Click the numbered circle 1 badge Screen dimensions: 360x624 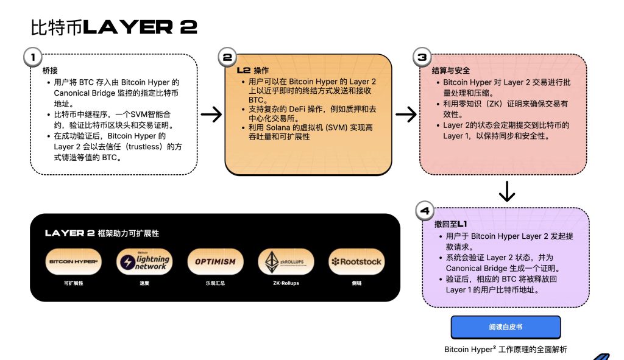tap(32, 57)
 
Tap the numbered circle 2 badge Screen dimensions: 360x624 tap(227, 57)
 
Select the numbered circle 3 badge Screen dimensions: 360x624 tap(422, 57)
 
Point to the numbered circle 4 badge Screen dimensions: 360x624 tap(425, 211)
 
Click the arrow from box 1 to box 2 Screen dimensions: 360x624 tap(211, 114)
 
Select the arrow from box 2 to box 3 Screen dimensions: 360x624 tap(406, 114)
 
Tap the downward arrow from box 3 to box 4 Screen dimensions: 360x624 tap(506, 192)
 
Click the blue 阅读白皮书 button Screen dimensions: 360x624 tap(505, 326)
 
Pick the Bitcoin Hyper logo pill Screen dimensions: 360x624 tap(74, 262)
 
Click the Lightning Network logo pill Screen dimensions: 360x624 tap(144, 262)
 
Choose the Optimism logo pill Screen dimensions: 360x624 tap(215, 262)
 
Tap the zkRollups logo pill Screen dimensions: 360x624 tap(286, 262)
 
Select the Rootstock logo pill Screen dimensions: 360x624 tap(356, 262)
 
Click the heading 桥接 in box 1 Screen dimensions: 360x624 tap(50, 71)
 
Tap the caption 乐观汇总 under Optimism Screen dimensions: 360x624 tap(215, 283)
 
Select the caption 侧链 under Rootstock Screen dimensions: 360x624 tap(356, 283)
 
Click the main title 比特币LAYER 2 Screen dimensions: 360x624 tap(113, 27)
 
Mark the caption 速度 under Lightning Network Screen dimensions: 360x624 tap(144, 283)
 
